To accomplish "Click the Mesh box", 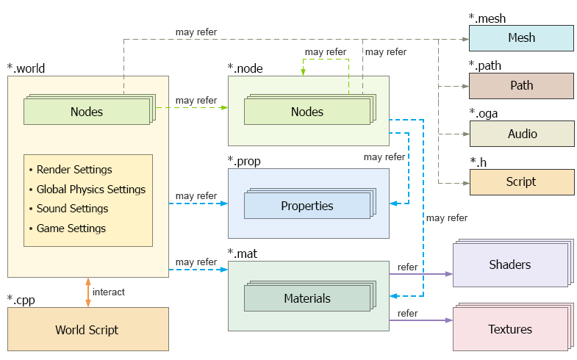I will tap(521, 37).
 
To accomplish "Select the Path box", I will tap(521, 85).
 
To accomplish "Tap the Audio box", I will tap(521, 134).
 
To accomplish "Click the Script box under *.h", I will tap(521, 181).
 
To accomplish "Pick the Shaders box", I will tap(509, 264).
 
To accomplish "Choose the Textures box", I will tap(509, 329).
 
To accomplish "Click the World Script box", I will tap(87, 330).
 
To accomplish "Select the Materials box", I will tap(307, 298).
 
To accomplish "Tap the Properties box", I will tap(307, 206).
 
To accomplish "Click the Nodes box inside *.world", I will tap(87, 112).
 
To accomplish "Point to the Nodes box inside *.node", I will tap(307, 112).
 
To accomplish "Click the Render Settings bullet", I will tap(74, 170).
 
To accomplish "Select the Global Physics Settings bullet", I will tap(90, 190).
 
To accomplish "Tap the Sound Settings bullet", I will tap(72, 209).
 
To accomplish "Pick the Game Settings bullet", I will tap(71, 228).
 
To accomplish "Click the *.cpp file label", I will tap(21, 299).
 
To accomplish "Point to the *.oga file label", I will tap(484, 113).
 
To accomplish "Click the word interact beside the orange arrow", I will tap(109, 292).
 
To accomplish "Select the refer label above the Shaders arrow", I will tap(407, 267).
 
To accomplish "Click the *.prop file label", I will tap(244, 161).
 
